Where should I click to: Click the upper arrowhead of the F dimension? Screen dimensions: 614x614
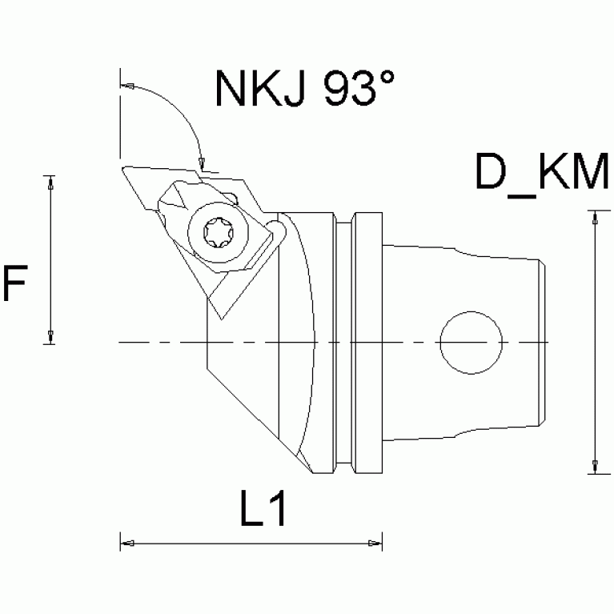click(50, 182)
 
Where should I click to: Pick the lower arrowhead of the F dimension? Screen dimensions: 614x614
click(50, 337)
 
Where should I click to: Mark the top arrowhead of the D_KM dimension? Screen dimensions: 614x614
click(593, 217)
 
